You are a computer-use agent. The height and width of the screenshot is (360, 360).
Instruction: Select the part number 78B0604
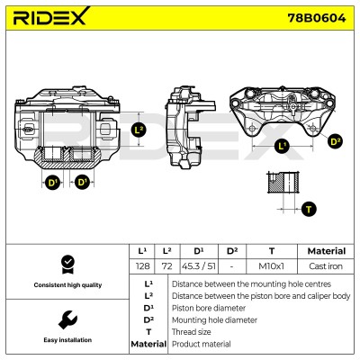[x=317, y=18]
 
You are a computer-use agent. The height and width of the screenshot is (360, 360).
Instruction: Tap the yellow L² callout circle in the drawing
[x=139, y=130]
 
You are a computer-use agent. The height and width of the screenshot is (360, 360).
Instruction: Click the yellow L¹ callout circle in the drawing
[x=282, y=146]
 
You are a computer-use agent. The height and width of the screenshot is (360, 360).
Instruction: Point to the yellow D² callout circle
[x=335, y=141]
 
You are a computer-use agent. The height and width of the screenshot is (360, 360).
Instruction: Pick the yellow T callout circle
[x=309, y=209]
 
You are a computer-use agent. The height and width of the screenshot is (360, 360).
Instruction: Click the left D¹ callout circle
[x=52, y=182]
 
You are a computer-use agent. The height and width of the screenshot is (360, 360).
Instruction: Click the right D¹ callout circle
[x=82, y=182]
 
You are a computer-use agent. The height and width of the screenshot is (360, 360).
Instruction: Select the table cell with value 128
[x=142, y=266]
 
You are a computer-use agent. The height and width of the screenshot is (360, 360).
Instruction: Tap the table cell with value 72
[x=167, y=266]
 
